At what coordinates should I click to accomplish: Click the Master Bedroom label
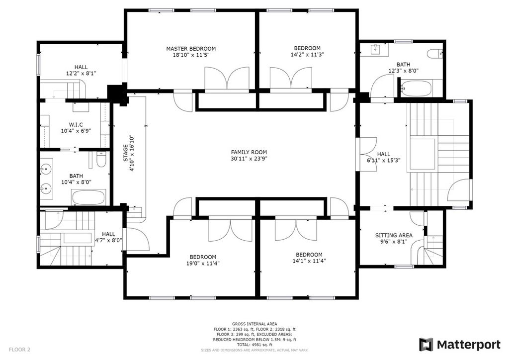pos(191,49)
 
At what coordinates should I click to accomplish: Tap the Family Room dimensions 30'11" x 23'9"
pos(249,159)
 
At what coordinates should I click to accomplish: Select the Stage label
pos(126,153)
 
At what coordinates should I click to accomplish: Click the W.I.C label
pos(76,125)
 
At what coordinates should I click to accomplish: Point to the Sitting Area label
pos(394,235)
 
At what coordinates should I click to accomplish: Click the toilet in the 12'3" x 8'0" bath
pos(435,54)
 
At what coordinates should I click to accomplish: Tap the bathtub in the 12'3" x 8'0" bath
pos(417,88)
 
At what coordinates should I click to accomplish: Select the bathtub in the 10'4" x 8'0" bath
pos(88,197)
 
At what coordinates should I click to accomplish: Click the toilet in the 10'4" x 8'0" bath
pos(101,160)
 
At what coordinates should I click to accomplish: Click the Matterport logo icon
pos(426,345)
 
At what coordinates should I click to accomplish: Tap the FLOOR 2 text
pos(19,350)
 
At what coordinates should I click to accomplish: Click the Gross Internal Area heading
pos(254,324)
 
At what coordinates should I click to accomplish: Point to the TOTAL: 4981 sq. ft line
pos(254,345)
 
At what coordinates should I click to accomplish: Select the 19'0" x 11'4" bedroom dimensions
pos(203,264)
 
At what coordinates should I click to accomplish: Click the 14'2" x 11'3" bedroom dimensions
pos(307,55)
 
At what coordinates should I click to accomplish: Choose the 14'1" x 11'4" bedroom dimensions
pos(309,261)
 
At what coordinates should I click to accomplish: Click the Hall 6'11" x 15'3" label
pos(384,157)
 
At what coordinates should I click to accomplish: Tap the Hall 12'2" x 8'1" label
pos(81,71)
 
